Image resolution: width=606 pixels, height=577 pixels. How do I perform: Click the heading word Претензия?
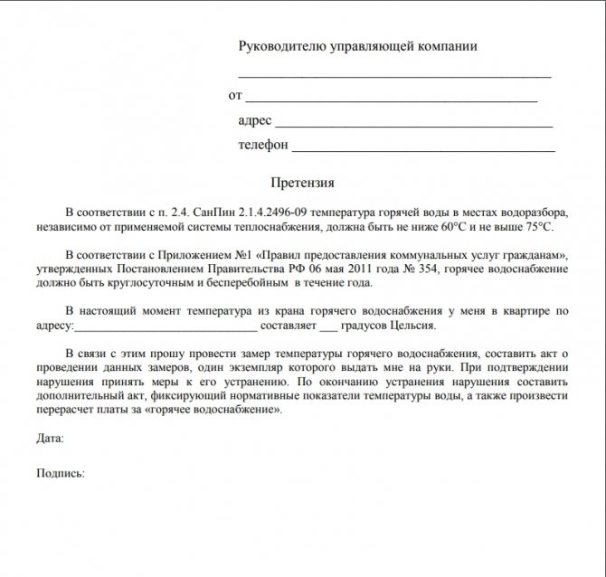302,182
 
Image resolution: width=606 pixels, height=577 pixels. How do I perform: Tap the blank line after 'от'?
391,98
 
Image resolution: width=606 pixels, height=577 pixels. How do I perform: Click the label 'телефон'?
263,145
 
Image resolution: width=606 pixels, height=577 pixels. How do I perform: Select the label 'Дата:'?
51,440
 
